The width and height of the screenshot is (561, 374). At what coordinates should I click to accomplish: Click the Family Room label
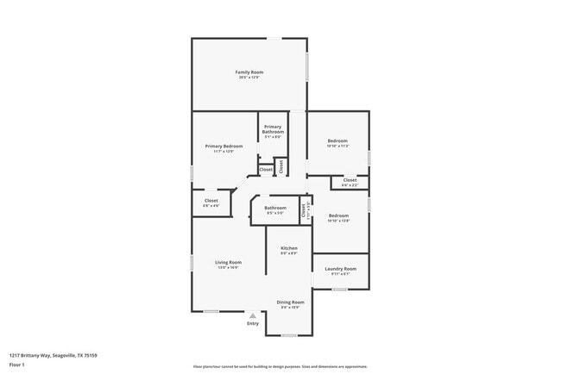[249, 72]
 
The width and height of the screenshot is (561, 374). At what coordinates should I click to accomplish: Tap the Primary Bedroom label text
[224, 146]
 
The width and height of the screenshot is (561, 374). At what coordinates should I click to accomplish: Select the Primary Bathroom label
[273, 129]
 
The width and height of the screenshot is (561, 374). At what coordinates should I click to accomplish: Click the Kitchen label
[288, 248]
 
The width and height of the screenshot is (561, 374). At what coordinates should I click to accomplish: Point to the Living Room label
[229, 262]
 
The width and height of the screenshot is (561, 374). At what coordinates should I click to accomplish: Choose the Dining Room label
[290, 302]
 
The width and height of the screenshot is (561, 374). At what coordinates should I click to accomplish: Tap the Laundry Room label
[340, 269]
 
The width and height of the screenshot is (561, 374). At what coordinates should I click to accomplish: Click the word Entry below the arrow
[252, 323]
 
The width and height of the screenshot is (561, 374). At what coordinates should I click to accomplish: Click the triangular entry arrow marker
[252, 315]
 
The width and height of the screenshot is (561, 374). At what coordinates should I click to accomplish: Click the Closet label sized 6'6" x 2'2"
[350, 180]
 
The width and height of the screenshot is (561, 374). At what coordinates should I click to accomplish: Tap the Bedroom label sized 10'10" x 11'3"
[337, 140]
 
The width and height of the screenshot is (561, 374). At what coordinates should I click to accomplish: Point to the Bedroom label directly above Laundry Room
[337, 215]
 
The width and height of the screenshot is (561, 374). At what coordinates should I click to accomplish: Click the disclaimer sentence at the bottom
[280, 367]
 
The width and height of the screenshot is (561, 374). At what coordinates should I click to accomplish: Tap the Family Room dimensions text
[249, 78]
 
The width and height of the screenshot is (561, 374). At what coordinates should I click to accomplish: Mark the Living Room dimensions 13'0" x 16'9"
[229, 268]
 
